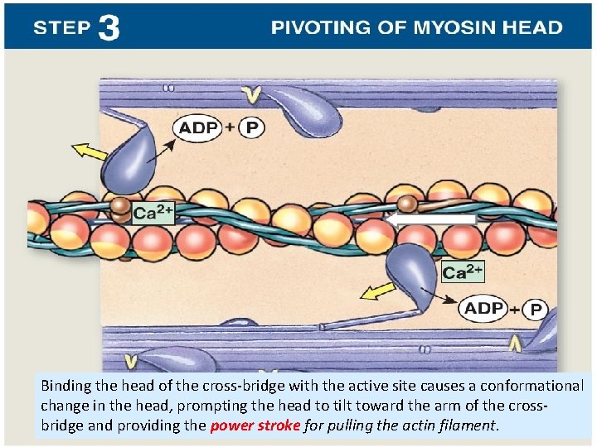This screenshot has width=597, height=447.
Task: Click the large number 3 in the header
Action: pyautogui.click(x=109, y=28)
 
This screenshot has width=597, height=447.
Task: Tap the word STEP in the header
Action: pyautogui.click(x=62, y=28)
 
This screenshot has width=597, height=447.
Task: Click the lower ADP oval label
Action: pyautogui.click(x=484, y=308)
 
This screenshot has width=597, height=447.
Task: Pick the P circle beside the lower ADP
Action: pyautogui.click(x=536, y=310)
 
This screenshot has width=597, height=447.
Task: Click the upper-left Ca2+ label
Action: pyautogui.click(x=153, y=213)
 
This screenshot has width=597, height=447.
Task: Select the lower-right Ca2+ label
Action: pyautogui.click(x=463, y=272)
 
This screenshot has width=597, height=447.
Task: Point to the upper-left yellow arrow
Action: pyautogui.click(x=90, y=153)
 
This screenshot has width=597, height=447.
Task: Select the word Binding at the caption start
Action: pyautogui.click(x=66, y=386)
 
